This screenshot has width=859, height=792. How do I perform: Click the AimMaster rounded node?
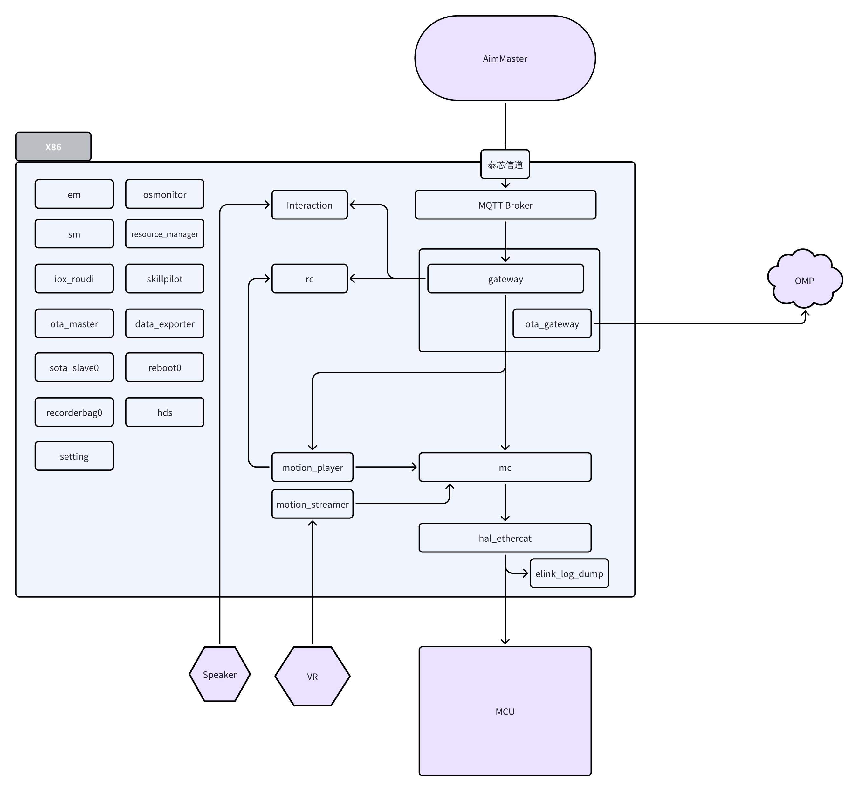[x=505, y=58]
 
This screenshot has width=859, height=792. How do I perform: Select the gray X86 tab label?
[x=53, y=147]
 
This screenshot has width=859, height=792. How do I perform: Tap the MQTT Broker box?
[x=505, y=205]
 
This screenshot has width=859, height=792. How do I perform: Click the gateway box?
[x=505, y=279]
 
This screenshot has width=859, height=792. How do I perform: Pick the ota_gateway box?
[x=552, y=323]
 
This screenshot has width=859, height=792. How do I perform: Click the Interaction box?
[x=309, y=205]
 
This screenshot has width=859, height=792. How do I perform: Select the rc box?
[x=309, y=279]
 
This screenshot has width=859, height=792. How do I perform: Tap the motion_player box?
[x=312, y=467]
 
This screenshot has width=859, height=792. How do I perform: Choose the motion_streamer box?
[x=312, y=504]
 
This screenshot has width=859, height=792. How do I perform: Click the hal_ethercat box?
[x=505, y=538]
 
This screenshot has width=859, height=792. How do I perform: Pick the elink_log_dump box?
[x=569, y=573]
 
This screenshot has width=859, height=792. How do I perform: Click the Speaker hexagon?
[x=220, y=674]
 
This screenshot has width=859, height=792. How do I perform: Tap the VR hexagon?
[x=312, y=676]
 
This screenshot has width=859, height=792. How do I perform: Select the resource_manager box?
[x=164, y=233]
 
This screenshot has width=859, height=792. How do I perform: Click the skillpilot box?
[x=164, y=279]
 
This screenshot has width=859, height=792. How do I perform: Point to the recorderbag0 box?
[x=74, y=412]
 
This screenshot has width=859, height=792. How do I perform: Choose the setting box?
[x=74, y=456]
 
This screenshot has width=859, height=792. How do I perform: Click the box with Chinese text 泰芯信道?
[x=505, y=164]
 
